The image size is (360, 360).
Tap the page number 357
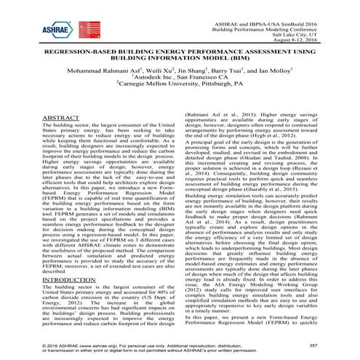coord(334,342)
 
